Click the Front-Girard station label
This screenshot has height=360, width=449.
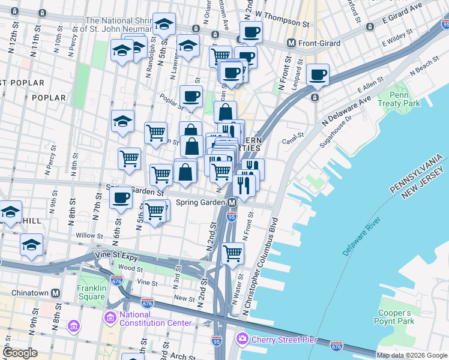(x=319, y=43)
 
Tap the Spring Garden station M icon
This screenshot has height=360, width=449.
(x=232, y=203)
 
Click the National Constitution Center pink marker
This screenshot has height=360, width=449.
(x=110, y=316)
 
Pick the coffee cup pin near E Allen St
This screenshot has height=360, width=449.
(x=318, y=76)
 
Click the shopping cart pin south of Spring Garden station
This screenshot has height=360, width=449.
(x=232, y=253)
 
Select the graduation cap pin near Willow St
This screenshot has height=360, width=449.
(x=31, y=245)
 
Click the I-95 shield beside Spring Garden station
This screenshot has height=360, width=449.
(x=232, y=214)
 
